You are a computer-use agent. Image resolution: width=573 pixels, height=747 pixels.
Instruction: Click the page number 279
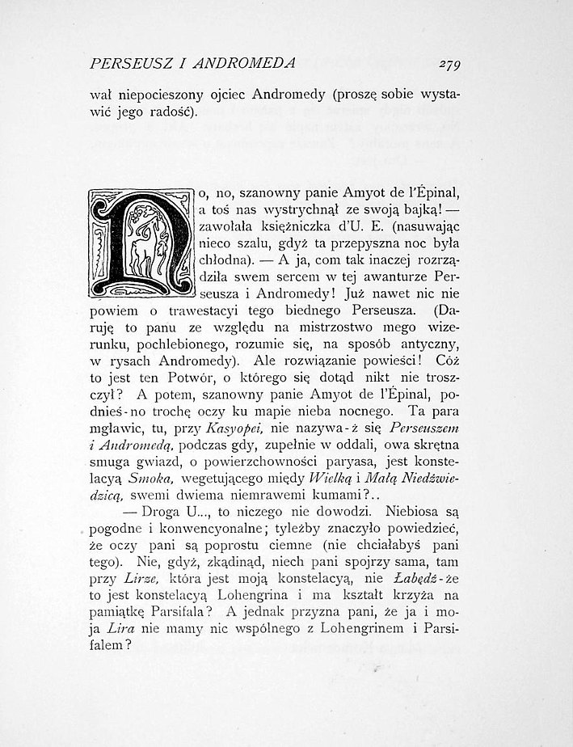tap(446, 64)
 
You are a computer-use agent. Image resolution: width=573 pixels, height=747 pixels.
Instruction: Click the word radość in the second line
tap(171, 112)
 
